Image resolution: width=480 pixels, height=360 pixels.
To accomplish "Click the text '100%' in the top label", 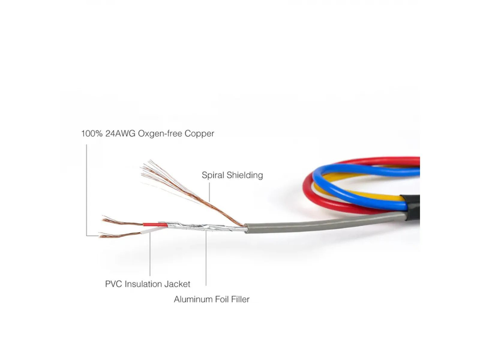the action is point(92,133).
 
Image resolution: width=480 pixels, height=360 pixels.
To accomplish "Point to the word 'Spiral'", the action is point(213,175).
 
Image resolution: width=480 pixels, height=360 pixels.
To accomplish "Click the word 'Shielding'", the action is point(245,175).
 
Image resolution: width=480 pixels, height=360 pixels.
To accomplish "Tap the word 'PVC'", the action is point(113,284).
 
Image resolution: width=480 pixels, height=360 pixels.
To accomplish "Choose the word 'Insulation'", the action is point(143,284).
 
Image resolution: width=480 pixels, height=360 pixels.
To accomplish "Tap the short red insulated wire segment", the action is point(155,225).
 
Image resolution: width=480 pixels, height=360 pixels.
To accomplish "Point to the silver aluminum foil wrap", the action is point(202,227).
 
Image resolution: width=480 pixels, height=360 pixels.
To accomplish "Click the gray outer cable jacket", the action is point(324,224).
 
